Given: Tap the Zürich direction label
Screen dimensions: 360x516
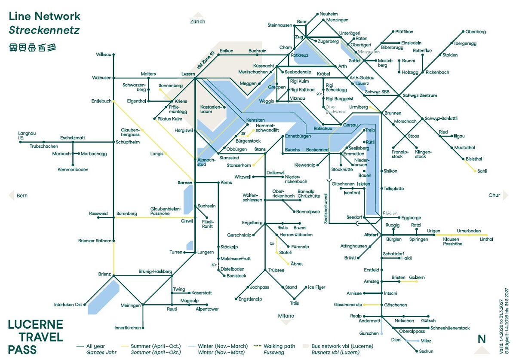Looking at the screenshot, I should click(x=198, y=21).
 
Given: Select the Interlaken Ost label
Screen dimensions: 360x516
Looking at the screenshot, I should click(x=68, y=305).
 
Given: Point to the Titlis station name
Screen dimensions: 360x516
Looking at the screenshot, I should click(x=295, y=303).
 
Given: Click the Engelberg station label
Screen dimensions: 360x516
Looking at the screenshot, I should click(x=252, y=223).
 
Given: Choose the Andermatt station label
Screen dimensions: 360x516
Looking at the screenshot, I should click(x=370, y=320).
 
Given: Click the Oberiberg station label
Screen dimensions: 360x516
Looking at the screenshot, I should click(x=476, y=32).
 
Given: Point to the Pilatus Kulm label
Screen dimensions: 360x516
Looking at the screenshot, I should click(x=170, y=119).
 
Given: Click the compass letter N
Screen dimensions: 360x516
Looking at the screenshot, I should click(x=482, y=339).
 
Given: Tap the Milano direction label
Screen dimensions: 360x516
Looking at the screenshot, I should click(x=286, y=316).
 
